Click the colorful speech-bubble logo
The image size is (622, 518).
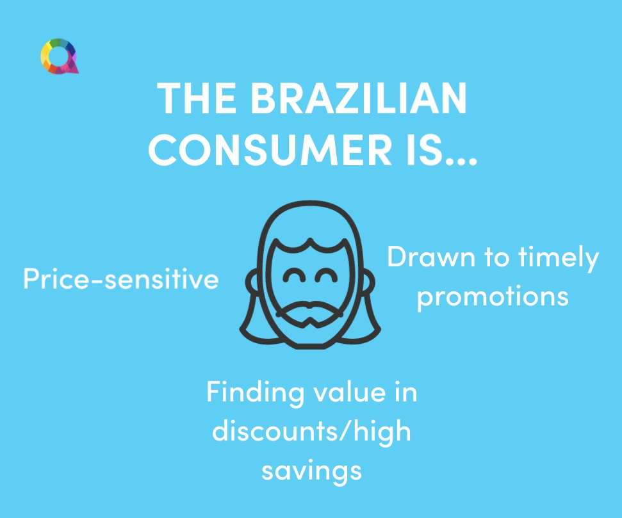coord(60,56)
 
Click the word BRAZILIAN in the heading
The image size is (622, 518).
coord(359,98)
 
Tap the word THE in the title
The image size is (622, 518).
coord(197,98)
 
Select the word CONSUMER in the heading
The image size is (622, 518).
coord(270,150)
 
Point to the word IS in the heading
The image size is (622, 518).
coord(425,150)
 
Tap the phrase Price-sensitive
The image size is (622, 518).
coord(121,279)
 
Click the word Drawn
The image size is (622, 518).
coord(431,257)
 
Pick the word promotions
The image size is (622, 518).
coord(493,296)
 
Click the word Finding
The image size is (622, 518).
coord(255,393)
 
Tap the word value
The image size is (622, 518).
coord(350,393)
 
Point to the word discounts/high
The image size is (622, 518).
coord(311,432)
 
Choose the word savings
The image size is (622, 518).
coord(311,472)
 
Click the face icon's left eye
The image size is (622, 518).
coord(294,275)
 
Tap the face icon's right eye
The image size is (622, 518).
coord(326,275)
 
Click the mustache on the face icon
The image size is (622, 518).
coord(309,309)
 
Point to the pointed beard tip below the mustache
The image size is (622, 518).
coord(310,323)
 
